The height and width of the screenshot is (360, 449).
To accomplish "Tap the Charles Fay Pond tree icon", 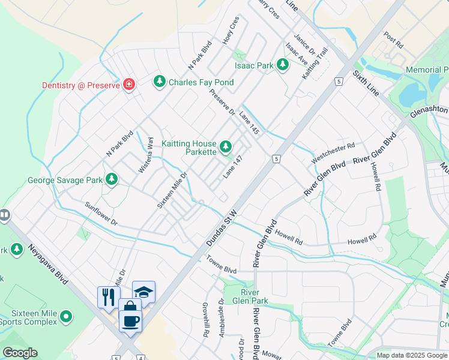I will tap(160, 81).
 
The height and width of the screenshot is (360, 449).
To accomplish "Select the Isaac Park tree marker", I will tap(283, 65).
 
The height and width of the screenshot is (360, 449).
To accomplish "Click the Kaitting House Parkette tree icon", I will tap(226, 146).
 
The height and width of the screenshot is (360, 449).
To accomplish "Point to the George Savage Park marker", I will tap(111, 179).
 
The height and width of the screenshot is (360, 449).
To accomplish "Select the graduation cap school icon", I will tap(143, 292).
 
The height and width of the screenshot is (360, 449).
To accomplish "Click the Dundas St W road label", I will tap(223, 226).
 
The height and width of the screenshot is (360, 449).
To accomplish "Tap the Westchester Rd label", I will tap(334, 153).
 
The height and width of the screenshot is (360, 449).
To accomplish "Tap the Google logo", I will tap(20, 353).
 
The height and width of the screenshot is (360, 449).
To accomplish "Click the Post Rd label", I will tap(394, 40).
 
